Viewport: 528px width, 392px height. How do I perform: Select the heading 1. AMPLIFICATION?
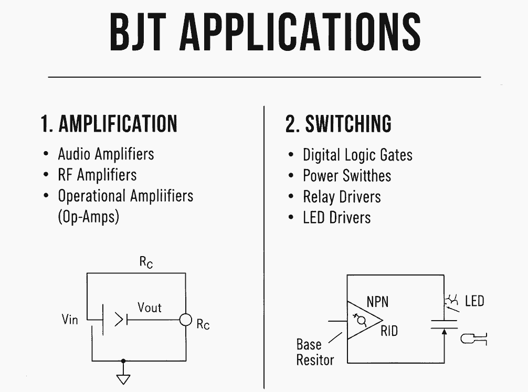coord(109,124)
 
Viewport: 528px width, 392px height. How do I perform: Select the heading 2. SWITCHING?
coord(339,124)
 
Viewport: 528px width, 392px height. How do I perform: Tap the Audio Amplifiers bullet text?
coord(106,154)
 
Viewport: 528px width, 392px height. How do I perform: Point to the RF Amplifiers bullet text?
coord(97,175)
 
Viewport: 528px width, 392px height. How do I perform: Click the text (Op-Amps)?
coord(88,217)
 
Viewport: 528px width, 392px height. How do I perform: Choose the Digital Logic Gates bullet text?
coord(357,155)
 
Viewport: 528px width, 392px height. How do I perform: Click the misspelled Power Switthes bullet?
coord(347,176)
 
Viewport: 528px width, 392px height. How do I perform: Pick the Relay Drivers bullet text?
coord(342,197)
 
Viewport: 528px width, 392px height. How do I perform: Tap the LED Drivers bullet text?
coord(336,217)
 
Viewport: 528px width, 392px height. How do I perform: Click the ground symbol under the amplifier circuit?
coord(123,379)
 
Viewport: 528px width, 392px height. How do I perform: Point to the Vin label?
coord(70,319)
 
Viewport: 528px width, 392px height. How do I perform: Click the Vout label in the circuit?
coord(150,308)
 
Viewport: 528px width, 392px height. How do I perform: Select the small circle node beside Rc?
coord(185,320)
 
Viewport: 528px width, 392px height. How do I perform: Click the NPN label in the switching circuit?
coord(377,302)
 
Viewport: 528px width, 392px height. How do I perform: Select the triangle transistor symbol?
coord(362,320)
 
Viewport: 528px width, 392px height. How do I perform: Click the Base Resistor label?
coord(315,352)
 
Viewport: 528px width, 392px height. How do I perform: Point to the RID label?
coord(389,332)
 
